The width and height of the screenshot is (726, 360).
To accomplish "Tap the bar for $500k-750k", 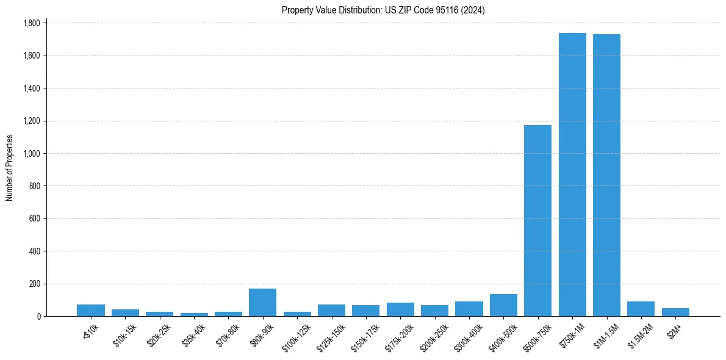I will (537, 220).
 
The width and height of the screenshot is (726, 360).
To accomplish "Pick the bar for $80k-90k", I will (262, 303).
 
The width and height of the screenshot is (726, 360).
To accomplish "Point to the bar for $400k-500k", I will (503, 305).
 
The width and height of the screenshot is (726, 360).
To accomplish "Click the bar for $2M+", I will (675, 312).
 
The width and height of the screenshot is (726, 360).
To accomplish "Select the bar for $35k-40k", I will (194, 315).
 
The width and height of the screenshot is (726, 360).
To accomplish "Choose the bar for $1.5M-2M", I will (641, 309).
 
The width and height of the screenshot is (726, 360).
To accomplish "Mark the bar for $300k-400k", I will (469, 309).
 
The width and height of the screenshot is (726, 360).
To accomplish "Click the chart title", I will (383, 10).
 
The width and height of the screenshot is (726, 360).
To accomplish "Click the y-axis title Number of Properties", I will (10, 168).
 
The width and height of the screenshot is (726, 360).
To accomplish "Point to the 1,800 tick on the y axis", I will (31, 23).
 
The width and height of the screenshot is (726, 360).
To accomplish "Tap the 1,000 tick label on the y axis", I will (31, 154).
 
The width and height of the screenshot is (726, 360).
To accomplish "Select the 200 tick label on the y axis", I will (35, 284).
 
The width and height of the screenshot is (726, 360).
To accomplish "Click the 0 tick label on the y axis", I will (38, 317).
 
